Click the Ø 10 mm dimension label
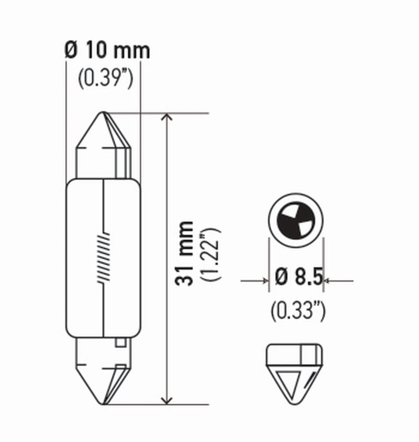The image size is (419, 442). (x=107, y=51)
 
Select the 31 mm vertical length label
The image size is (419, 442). (x=184, y=254)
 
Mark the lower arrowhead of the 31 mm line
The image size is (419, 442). (x=167, y=398)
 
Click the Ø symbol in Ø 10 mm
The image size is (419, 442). (x=71, y=51)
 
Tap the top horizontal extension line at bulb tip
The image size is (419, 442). (x=157, y=113)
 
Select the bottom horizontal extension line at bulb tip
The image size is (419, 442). (x=157, y=404)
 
